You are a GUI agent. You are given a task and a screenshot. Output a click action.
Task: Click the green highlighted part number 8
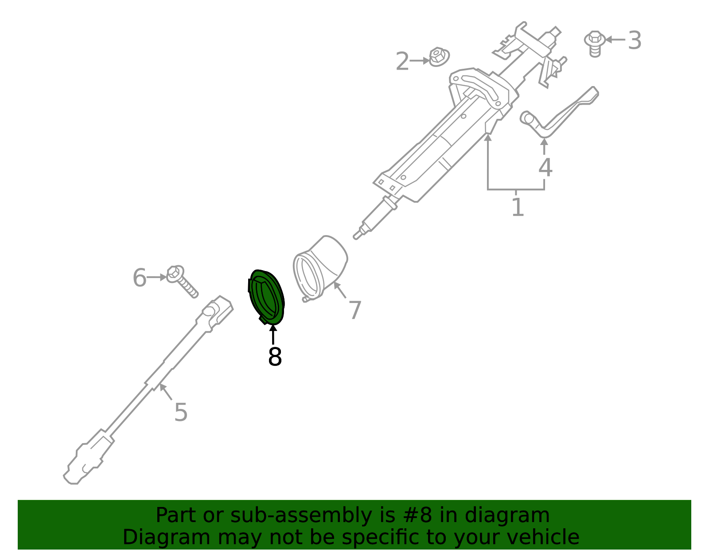point(266,298)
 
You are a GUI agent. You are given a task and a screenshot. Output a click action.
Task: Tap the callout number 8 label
point(275,357)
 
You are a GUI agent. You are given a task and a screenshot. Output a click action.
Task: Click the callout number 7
point(355,310)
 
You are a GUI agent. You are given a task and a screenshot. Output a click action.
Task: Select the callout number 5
point(181,412)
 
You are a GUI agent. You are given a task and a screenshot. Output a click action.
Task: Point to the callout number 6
point(140,278)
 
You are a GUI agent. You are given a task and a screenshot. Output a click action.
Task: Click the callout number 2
point(402,61)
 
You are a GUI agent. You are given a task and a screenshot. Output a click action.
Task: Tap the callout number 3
point(635,40)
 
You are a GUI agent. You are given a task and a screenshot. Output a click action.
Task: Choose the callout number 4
point(545,167)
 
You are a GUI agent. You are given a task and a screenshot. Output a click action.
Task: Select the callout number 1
point(518,207)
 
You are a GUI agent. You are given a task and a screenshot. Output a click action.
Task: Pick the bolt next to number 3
point(595,43)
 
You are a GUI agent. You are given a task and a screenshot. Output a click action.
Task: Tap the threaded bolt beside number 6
point(182,281)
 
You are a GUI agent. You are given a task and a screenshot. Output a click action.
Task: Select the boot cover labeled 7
point(320,268)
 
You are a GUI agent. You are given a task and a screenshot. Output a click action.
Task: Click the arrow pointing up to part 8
point(273,334)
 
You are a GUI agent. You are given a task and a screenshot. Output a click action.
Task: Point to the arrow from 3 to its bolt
point(615,39)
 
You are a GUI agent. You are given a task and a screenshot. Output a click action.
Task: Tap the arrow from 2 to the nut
point(420,61)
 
